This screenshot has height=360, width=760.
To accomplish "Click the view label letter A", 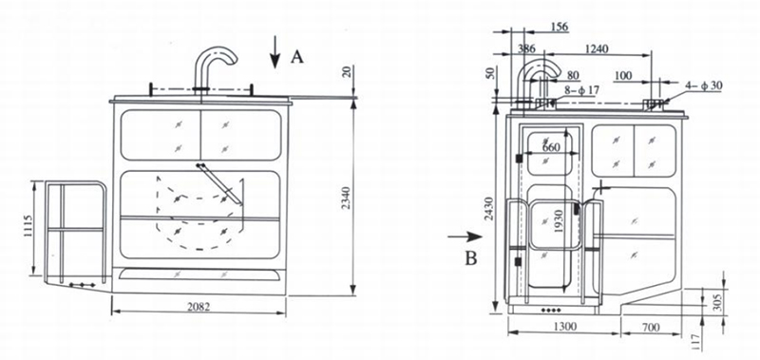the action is (x=297, y=57).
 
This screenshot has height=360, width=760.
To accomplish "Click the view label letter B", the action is (x=470, y=258).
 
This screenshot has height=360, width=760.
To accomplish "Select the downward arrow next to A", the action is (x=275, y=52).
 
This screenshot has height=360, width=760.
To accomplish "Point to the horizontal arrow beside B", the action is (x=465, y=237).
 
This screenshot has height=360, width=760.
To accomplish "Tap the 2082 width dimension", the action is (x=199, y=306).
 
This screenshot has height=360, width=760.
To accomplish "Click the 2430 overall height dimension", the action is (x=488, y=209).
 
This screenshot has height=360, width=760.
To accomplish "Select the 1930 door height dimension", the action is (x=559, y=221).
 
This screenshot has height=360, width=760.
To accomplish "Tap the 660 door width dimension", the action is (x=550, y=147).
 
